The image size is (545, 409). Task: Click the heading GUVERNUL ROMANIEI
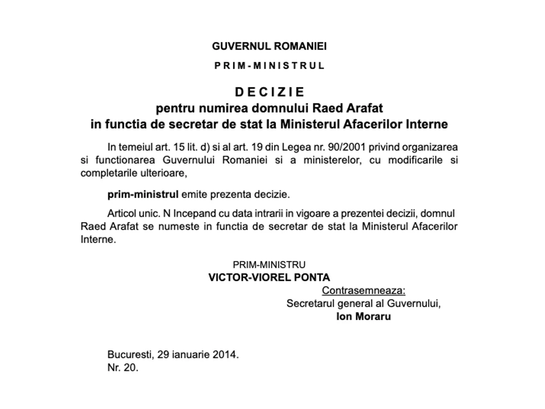coord(269,46)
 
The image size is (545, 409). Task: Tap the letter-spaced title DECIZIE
coord(269,92)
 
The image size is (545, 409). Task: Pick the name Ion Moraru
coord(363,317)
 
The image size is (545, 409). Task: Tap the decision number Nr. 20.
coord(123,368)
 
